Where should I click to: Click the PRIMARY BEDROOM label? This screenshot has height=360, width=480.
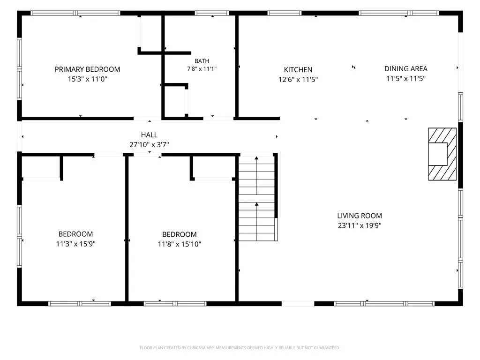[87, 69]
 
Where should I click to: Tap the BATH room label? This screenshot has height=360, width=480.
[202, 61]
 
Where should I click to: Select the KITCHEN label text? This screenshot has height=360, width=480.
[298, 70]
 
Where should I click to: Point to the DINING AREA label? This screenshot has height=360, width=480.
[406, 69]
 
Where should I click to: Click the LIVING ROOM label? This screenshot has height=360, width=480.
[360, 216]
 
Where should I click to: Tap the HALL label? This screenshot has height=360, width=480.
[149, 135]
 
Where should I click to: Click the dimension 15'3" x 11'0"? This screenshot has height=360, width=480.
[88, 79]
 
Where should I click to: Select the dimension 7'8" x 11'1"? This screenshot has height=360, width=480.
[202, 69]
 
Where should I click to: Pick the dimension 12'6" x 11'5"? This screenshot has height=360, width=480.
[298, 80]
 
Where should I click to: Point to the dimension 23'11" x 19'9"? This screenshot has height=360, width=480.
[360, 225]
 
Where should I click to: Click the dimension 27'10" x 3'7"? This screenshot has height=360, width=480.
[149, 144]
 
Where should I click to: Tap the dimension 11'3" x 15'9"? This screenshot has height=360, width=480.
[75, 244]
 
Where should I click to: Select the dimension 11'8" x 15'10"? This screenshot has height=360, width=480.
[180, 244]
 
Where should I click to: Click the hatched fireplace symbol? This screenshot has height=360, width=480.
[442, 154]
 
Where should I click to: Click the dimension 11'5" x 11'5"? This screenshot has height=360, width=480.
[406, 79]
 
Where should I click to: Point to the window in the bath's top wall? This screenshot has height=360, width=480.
[212, 13]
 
